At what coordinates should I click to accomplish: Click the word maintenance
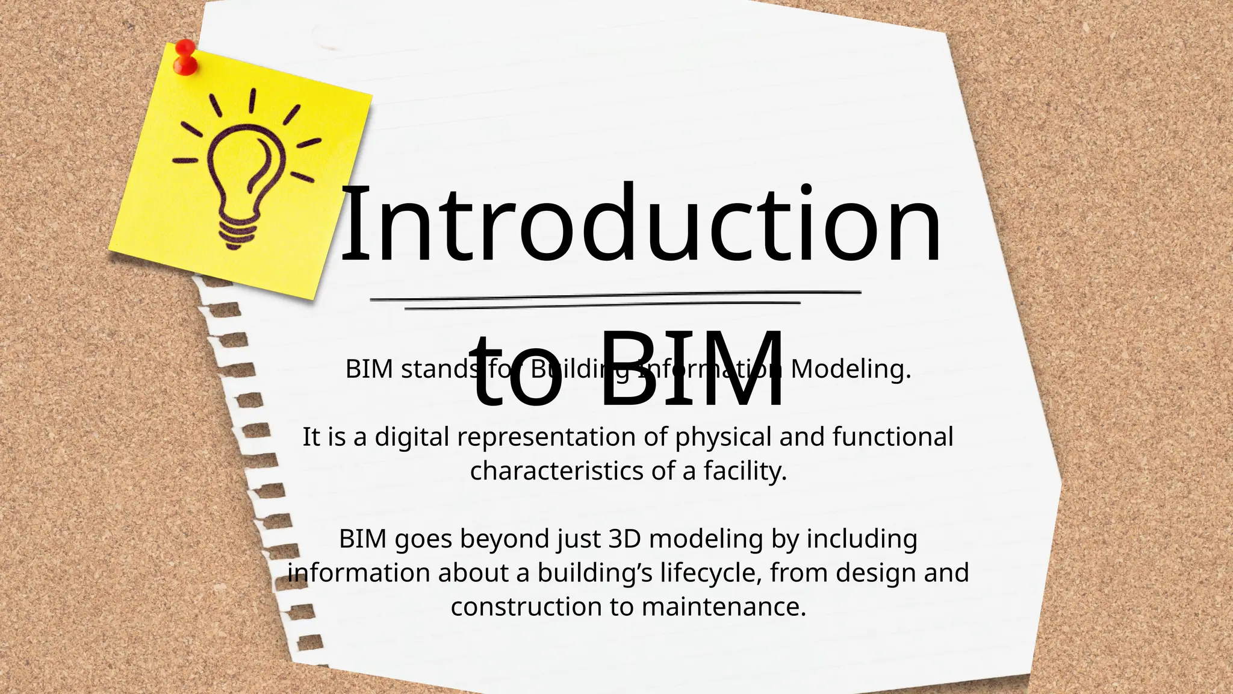[x=724, y=607]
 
